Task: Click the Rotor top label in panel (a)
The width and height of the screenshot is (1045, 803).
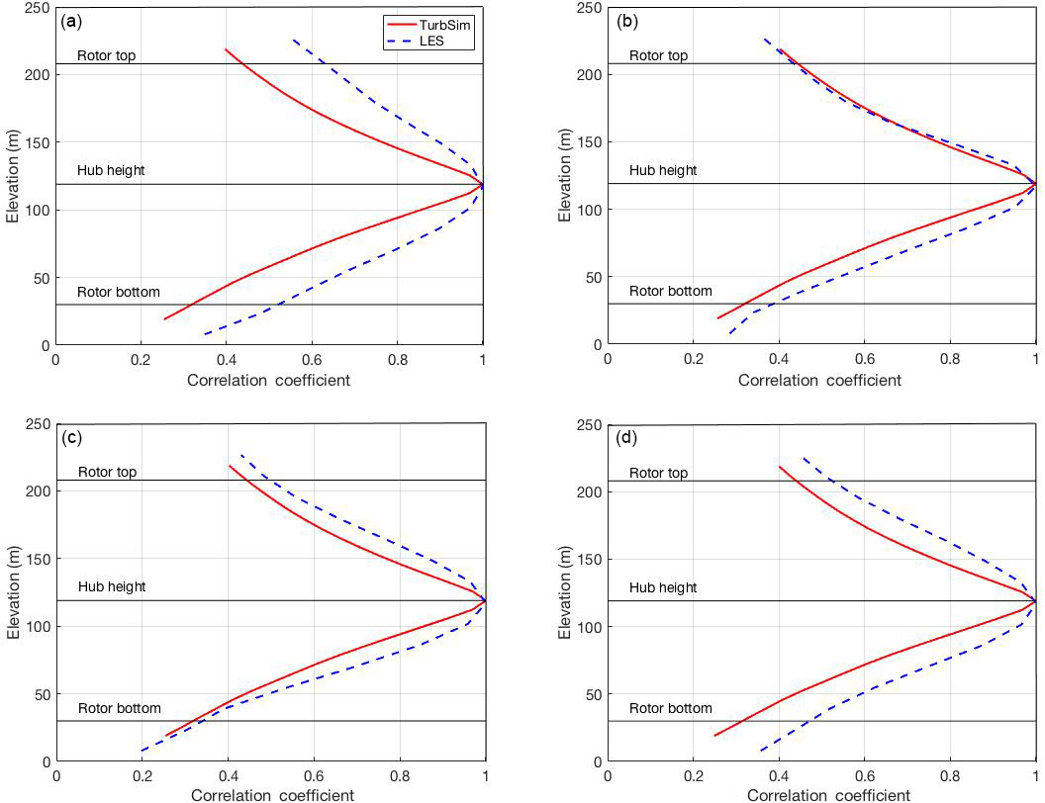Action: coord(106,55)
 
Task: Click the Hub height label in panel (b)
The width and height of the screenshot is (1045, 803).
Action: coord(662,170)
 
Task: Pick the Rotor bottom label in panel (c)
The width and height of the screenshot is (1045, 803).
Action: coord(119,708)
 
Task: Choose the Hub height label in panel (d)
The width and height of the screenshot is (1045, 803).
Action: coord(662,587)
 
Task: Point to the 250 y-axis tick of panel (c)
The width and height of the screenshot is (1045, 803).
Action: coord(37,425)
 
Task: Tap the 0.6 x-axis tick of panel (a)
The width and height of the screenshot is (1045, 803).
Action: coord(312,362)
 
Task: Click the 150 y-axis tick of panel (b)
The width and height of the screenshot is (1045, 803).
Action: coord(590,142)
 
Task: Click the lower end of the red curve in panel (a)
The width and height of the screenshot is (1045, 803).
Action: coord(164,318)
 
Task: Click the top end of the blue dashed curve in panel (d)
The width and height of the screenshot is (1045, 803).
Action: coord(803,458)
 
